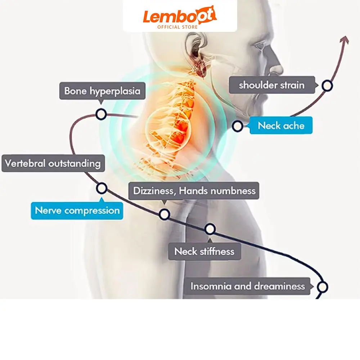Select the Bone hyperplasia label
click(x=102, y=91)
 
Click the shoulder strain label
click(x=272, y=85)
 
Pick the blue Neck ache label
click(x=281, y=126)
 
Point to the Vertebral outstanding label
click(x=53, y=163)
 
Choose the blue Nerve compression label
click(x=77, y=210)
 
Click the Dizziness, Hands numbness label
click(x=194, y=190)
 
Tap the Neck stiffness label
click(x=204, y=251)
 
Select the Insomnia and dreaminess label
click(x=248, y=286)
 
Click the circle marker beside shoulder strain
click(x=327, y=85)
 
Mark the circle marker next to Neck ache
click(x=237, y=126)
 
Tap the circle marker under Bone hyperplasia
click(x=101, y=114)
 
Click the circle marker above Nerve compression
click(x=102, y=188)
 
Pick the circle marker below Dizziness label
click(x=165, y=214)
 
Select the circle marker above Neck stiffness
click(x=210, y=229)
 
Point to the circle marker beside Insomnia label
click(x=323, y=287)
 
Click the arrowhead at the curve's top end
click(x=346, y=39)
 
